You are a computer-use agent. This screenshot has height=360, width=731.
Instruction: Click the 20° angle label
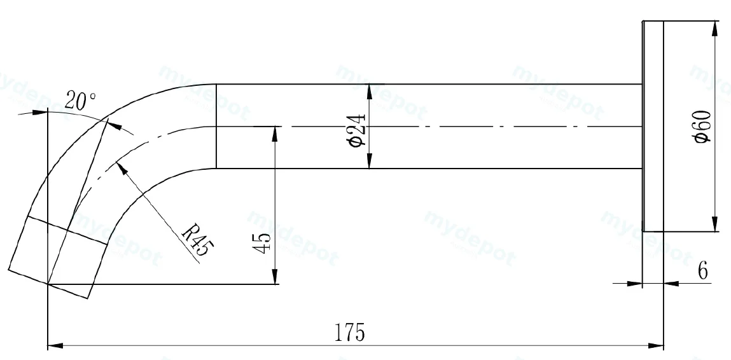[x=81, y=100]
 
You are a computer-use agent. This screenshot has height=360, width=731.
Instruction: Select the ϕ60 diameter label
[x=702, y=127]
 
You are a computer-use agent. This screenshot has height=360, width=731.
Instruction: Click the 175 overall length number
[x=350, y=332]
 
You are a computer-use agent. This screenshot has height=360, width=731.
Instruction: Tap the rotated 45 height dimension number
[x=261, y=242]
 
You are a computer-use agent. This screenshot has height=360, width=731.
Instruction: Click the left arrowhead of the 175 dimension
[x=55, y=346]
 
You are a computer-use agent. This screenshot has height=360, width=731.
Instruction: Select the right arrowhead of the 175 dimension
[x=656, y=346]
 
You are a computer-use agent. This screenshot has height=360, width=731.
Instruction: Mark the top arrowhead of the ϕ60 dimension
[x=714, y=29]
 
